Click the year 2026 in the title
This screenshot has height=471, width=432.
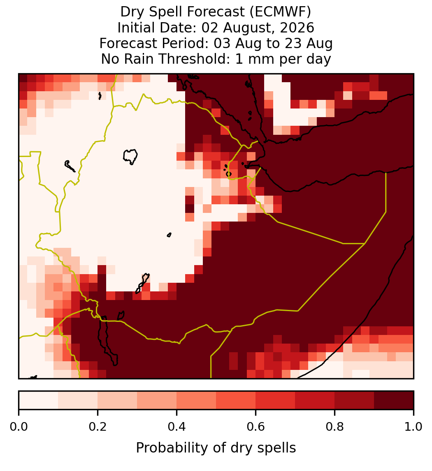[297, 28]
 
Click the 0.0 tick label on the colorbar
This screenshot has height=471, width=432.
[19, 427]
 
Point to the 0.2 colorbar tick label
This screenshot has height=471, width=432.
[98, 427]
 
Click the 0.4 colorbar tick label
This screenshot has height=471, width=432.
[177, 427]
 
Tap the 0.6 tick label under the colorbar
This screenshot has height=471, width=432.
[256, 427]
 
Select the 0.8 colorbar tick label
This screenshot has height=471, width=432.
[335, 427]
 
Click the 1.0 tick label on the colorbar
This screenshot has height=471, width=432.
[413, 427]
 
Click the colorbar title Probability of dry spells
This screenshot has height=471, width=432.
[216, 448]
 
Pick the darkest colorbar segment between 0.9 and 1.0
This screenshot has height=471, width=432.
[394, 400]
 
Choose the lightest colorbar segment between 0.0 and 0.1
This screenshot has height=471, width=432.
[39, 400]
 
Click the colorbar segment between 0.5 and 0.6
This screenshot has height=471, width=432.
[236, 400]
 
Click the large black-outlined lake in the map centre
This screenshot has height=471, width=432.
[130, 156]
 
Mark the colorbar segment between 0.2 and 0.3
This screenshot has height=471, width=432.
[118, 400]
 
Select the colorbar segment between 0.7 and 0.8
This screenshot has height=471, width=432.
[315, 400]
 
